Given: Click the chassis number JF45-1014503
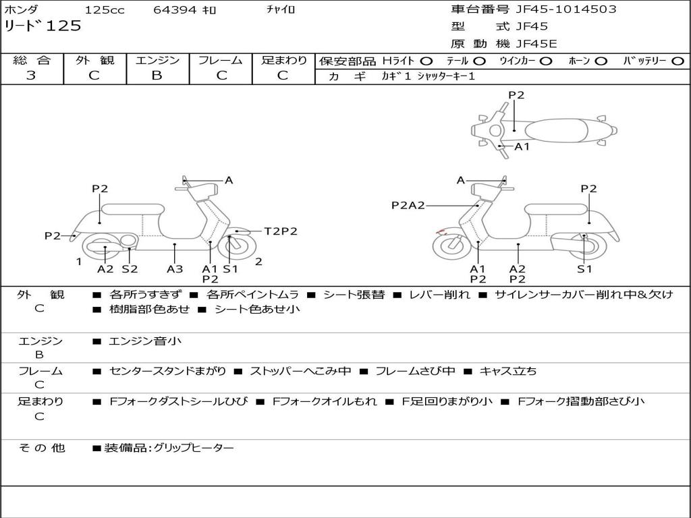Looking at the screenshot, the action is click(x=565, y=9).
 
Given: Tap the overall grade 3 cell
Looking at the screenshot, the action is click(x=31, y=76).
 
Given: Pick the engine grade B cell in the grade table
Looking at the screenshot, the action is click(x=157, y=76).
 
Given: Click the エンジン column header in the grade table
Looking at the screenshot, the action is click(x=157, y=60).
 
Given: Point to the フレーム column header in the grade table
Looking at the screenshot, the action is click(x=220, y=60).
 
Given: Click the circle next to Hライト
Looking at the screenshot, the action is click(x=426, y=61).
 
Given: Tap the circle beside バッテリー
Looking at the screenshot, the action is click(x=678, y=61).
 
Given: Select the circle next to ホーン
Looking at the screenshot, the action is click(x=601, y=61).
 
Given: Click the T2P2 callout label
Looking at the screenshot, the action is click(x=281, y=231).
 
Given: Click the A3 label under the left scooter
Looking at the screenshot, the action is click(x=175, y=269).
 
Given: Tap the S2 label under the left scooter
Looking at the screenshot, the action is click(x=130, y=269).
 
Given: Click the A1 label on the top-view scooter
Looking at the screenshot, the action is click(x=522, y=146).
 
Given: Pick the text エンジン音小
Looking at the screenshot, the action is click(x=144, y=341).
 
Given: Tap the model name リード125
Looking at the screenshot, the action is click(x=43, y=26).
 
